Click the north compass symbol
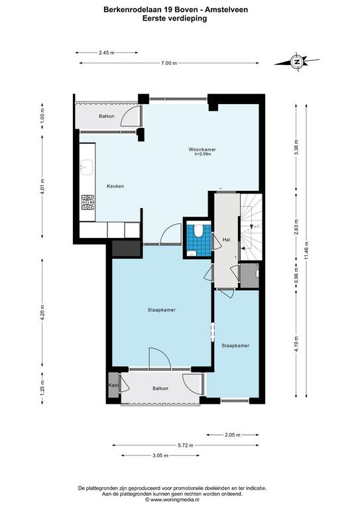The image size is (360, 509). [x=296, y=62]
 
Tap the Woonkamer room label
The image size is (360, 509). [x=202, y=149]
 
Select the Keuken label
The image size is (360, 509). [x=115, y=186]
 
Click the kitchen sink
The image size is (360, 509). [x=87, y=167]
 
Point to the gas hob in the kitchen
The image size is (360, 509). [x=88, y=202]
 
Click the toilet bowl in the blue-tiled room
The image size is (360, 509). [x=198, y=231]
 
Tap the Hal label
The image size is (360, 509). [x=227, y=239]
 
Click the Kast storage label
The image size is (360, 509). [x=113, y=385]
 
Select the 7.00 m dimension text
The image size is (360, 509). [x=169, y=63]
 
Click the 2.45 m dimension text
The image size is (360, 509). [x=107, y=52]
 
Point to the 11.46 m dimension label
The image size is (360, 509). [x=306, y=251]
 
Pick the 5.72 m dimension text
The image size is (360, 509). [x=186, y=445]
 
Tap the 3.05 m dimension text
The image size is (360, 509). [x=160, y=455]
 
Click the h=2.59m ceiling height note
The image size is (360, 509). [x=203, y=154]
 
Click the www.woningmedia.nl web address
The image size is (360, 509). [x=174, y=500]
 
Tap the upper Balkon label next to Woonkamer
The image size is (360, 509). [x=107, y=116]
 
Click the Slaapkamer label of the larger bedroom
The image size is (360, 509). [x=162, y=310]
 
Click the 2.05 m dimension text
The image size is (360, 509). [x=233, y=435]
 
